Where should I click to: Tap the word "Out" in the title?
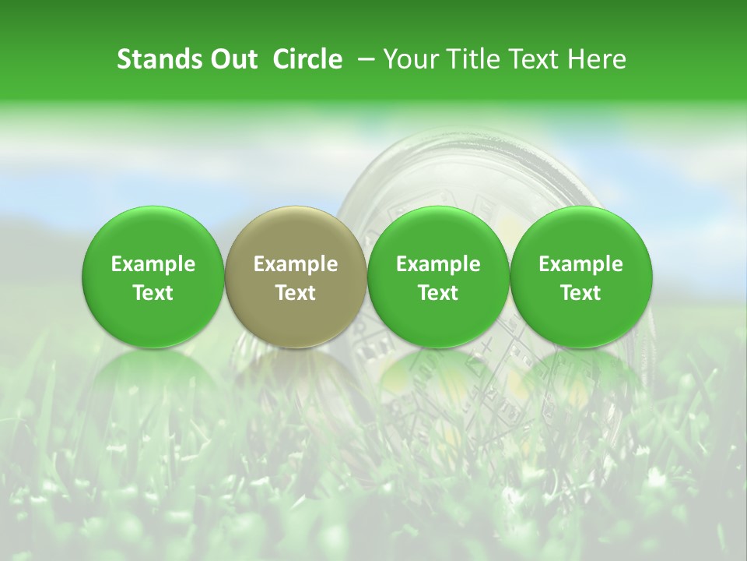tap(231, 59)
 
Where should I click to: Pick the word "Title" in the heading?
tap(472, 59)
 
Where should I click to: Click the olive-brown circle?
tap(295, 276)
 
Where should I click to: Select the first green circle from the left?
tap(153, 276)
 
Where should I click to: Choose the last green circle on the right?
tap(580, 276)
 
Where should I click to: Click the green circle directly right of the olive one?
tap(438, 276)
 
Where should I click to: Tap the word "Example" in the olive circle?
tap(296, 264)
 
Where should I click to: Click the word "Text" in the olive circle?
tap(296, 293)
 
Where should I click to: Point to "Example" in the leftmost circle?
tap(153, 264)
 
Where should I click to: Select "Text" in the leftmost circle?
tap(153, 293)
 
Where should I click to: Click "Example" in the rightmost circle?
tap(580, 264)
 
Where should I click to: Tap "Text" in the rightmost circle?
tap(580, 293)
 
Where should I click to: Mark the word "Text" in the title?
tap(532, 59)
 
